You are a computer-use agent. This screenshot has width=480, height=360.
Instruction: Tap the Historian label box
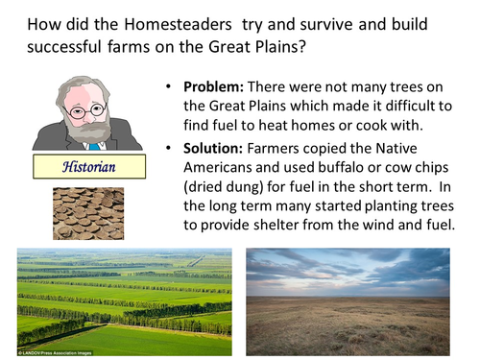coord(87,165)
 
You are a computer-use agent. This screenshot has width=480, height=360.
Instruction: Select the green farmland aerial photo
coord(124,299)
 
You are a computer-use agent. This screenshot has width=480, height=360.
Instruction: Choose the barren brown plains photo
coord(348,299)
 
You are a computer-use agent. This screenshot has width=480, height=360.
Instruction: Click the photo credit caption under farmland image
coord(58,353)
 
